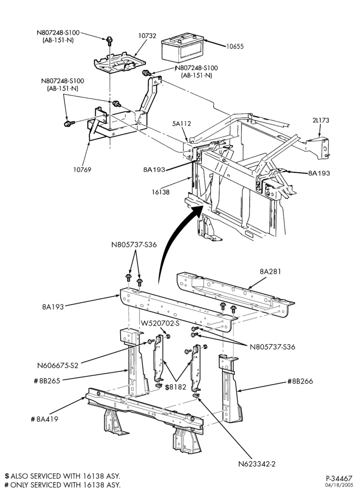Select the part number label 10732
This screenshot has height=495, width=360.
147,36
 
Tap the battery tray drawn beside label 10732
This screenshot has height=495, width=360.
119,62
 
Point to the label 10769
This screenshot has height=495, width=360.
82,170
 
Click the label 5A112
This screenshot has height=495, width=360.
181,123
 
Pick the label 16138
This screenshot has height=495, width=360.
160,192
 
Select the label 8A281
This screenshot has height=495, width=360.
270,271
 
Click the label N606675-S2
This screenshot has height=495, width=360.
58,366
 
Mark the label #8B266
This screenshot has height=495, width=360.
300,381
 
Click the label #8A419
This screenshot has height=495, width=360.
45,419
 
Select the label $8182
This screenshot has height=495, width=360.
175,387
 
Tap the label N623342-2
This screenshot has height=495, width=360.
257,464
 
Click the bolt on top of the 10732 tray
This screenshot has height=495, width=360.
109,40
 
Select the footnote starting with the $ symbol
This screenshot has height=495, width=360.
62,476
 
